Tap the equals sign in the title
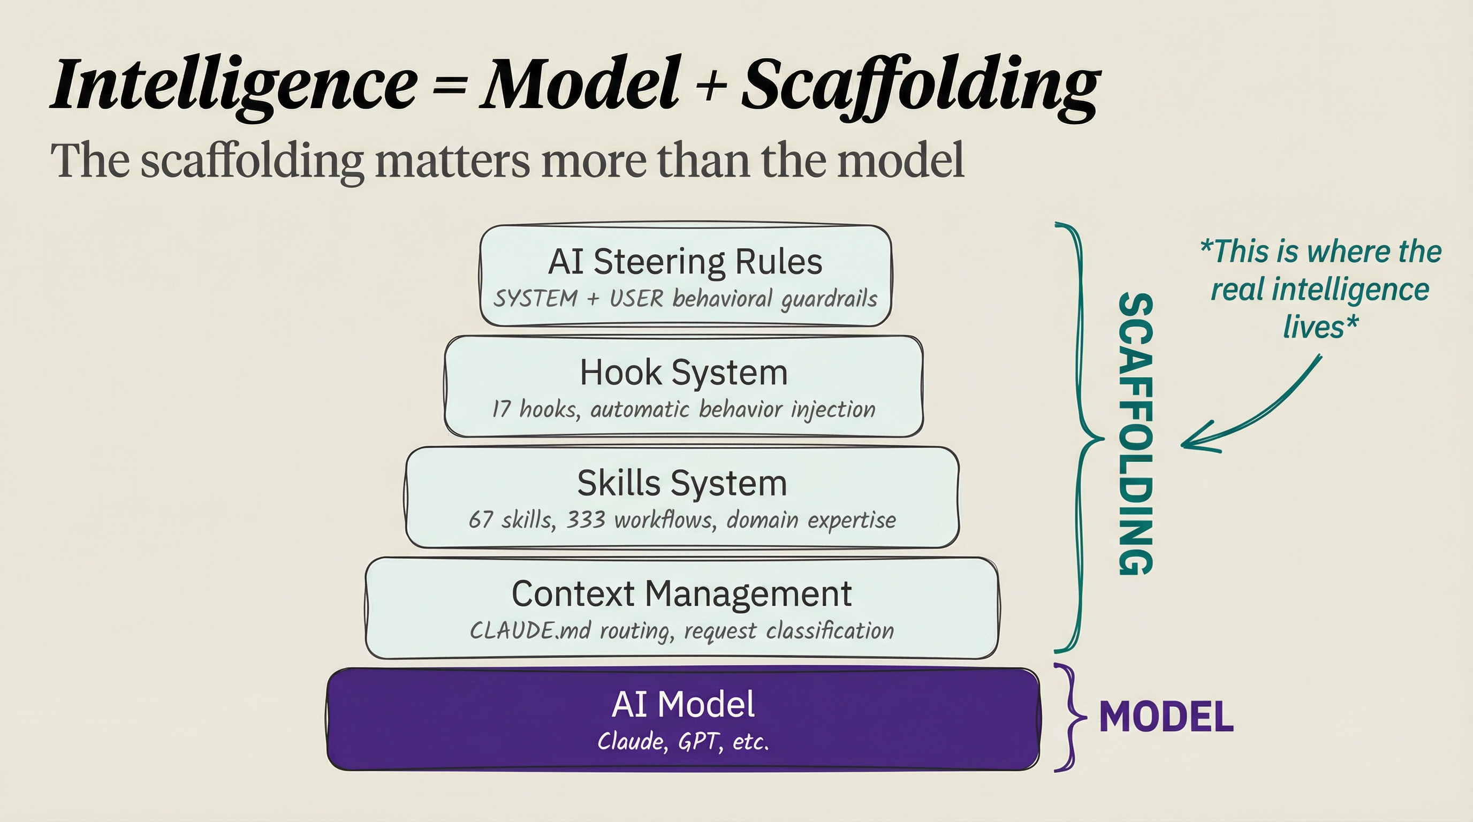(x=450, y=86)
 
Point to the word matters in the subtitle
(x=452, y=161)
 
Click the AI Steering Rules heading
(x=685, y=262)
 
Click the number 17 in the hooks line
(x=501, y=409)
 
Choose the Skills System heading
(x=682, y=483)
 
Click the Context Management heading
(x=681, y=593)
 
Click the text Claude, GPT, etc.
(x=684, y=742)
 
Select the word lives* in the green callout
(x=1320, y=328)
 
